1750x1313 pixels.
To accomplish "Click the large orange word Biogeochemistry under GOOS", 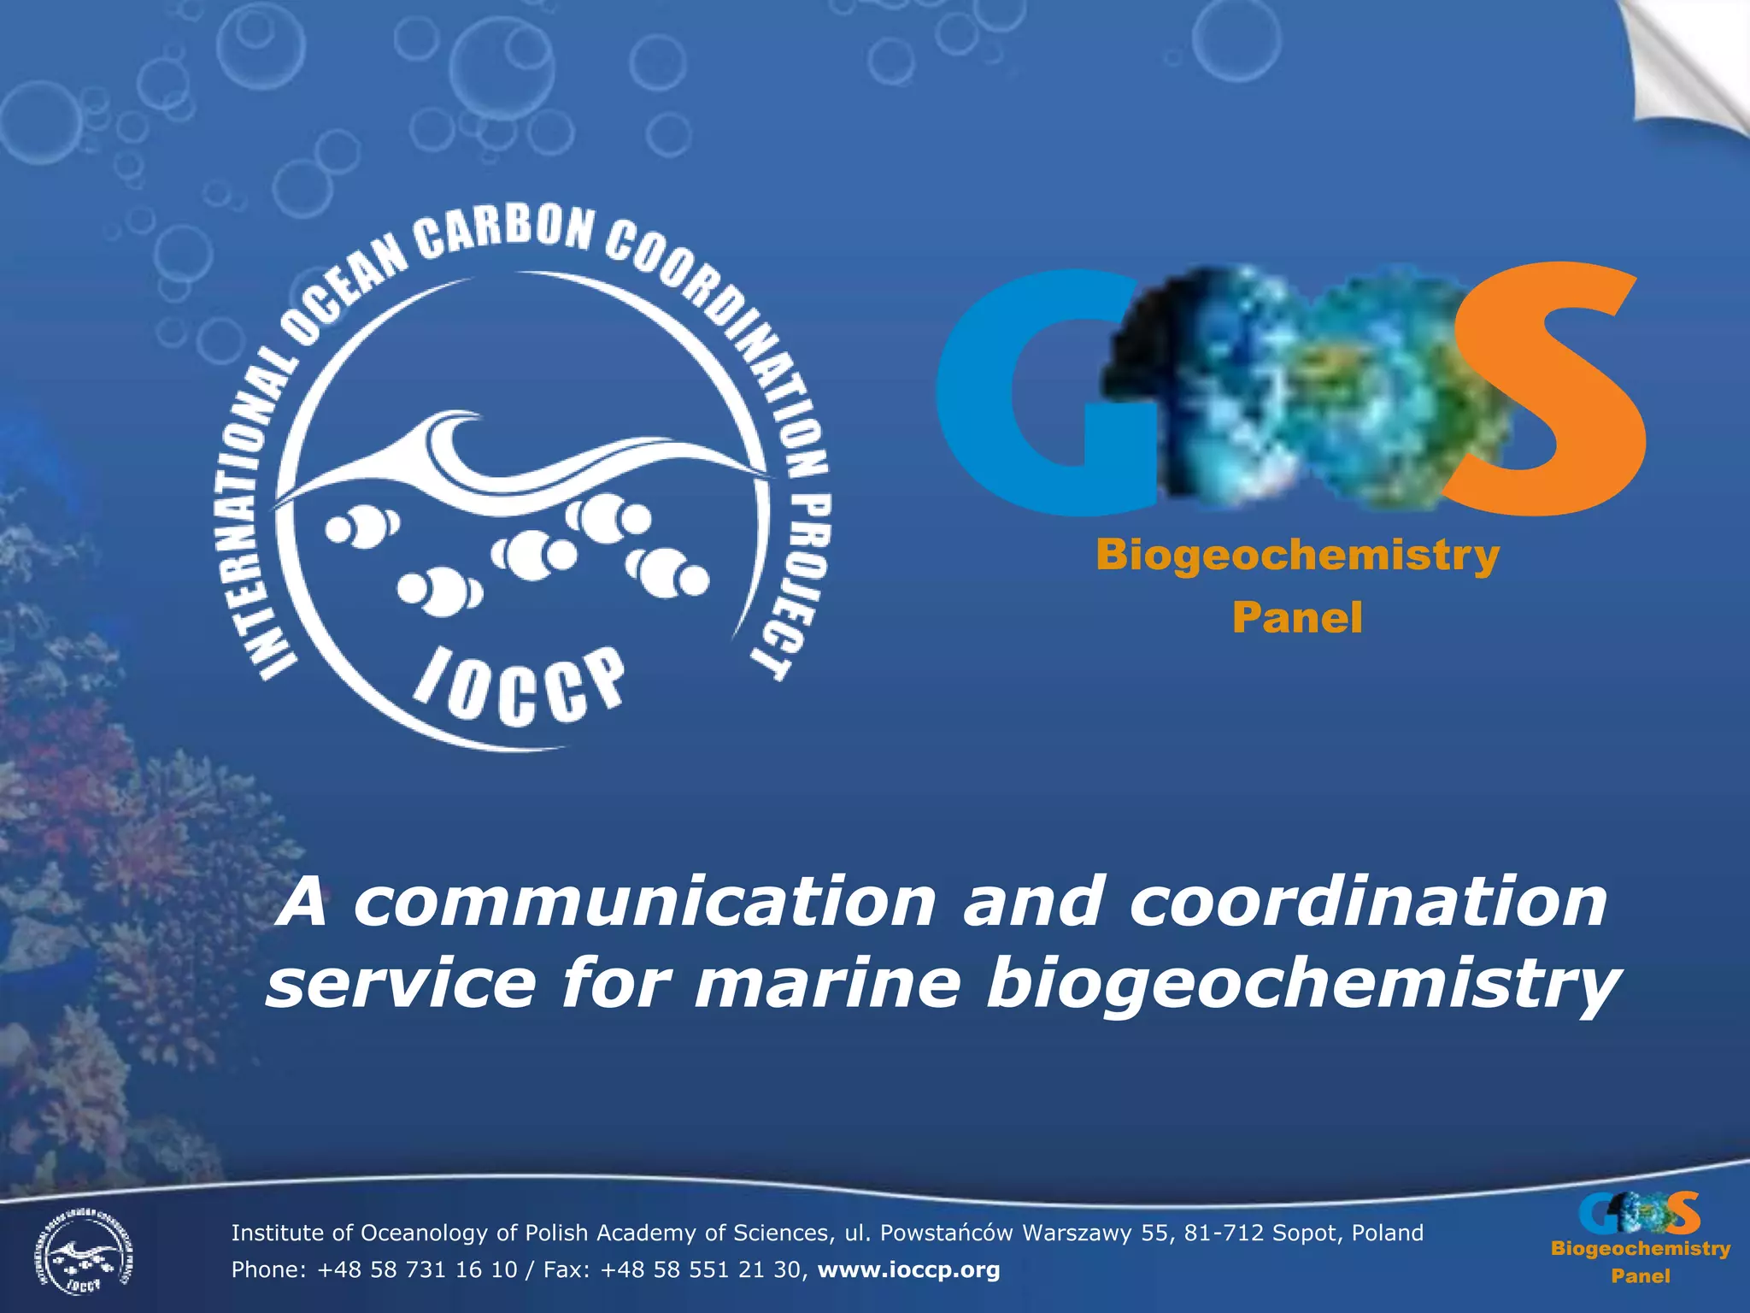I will tap(1297, 556).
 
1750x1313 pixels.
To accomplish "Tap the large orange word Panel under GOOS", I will tap(1297, 617).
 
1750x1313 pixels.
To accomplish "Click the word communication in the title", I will tap(644, 903).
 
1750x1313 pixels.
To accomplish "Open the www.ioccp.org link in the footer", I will tap(908, 1270).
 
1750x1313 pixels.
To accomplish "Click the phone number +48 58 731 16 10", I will tap(417, 1270).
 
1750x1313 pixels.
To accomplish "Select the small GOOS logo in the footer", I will tap(1639, 1214).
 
